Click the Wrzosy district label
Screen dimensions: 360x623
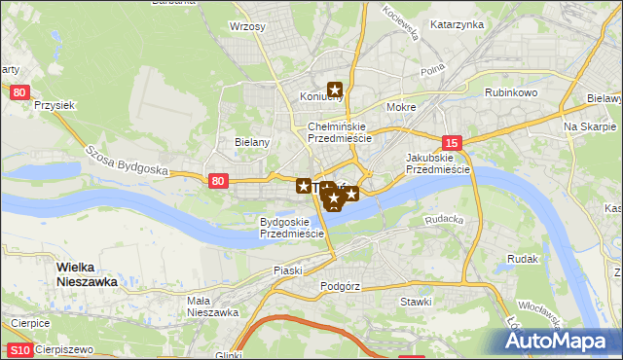pos(247,27)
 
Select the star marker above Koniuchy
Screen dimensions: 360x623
pos(336,90)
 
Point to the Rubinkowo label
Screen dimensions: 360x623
pos(511,92)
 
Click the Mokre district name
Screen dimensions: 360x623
pos(401,107)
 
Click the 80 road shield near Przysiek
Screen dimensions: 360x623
pos(21,92)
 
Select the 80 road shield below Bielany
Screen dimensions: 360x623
pos(218,180)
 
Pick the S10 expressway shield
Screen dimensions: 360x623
pos(19,349)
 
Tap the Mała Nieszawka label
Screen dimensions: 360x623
pos(212,306)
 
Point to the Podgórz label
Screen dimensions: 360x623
pos(340,287)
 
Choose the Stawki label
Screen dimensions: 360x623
pos(416,302)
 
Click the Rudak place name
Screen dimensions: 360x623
pos(523,260)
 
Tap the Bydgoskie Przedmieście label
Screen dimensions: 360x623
pos(291,228)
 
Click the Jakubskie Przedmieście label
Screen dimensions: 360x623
pos(438,162)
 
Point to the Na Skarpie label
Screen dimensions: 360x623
pos(590,127)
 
